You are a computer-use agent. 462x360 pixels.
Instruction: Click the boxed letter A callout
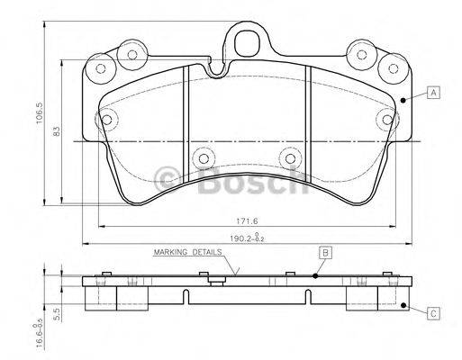[x=434, y=93]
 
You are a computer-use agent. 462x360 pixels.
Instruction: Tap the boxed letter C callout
[x=433, y=313]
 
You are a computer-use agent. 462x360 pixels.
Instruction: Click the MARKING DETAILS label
[x=188, y=255]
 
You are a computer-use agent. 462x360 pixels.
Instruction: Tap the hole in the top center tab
[x=244, y=39]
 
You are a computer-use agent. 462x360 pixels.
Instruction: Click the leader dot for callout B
[x=315, y=277]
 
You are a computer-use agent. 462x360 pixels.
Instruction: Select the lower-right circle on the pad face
[x=289, y=158]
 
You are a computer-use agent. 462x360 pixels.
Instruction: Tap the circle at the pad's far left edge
[x=108, y=120]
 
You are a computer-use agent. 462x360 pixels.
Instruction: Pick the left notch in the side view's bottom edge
[x=187, y=293]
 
